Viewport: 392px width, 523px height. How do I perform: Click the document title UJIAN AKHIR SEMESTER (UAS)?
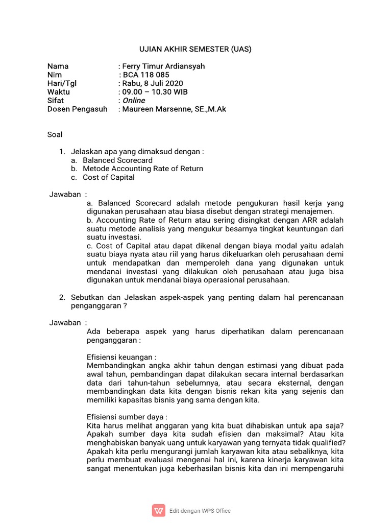195,50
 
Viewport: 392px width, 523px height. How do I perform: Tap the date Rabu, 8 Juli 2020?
152,83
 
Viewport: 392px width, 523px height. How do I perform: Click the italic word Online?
134,101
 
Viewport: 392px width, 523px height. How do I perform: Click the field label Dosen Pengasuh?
77,109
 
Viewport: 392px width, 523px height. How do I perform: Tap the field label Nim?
55,75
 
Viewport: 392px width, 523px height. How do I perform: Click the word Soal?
55,135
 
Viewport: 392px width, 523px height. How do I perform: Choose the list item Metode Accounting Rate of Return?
142,169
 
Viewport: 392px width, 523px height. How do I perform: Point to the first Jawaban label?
65,195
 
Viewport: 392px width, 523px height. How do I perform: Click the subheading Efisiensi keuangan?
121,357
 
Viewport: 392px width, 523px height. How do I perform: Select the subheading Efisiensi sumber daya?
127,417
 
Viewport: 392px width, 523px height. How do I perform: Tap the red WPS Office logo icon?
159,510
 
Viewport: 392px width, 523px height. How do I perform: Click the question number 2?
62,297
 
